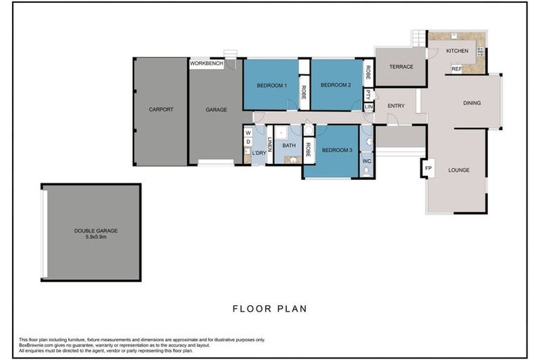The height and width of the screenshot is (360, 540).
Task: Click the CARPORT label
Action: [x=161, y=110]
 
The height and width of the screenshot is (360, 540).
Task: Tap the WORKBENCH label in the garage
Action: [x=207, y=64]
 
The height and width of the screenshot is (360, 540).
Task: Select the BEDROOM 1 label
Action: [x=271, y=86]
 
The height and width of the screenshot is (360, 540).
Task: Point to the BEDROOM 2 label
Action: [x=335, y=86]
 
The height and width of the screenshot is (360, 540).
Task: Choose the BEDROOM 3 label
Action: [x=337, y=150]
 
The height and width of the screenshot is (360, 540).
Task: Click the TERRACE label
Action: [x=401, y=67]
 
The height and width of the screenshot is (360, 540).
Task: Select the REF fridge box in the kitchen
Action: [x=456, y=69]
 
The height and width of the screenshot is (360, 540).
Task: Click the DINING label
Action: [x=472, y=103]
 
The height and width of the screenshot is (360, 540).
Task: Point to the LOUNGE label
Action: [x=458, y=170]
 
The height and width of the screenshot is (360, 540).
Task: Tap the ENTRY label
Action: [x=396, y=106]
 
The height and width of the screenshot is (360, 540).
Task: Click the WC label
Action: [x=366, y=161]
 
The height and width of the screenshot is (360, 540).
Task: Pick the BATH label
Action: [x=289, y=146]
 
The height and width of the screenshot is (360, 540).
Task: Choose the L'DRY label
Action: [x=259, y=153]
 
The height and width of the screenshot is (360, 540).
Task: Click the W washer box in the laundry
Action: [x=247, y=132]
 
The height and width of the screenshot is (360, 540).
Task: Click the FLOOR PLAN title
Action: [x=270, y=308]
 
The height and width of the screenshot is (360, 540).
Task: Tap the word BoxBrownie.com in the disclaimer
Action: [x=37, y=345]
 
